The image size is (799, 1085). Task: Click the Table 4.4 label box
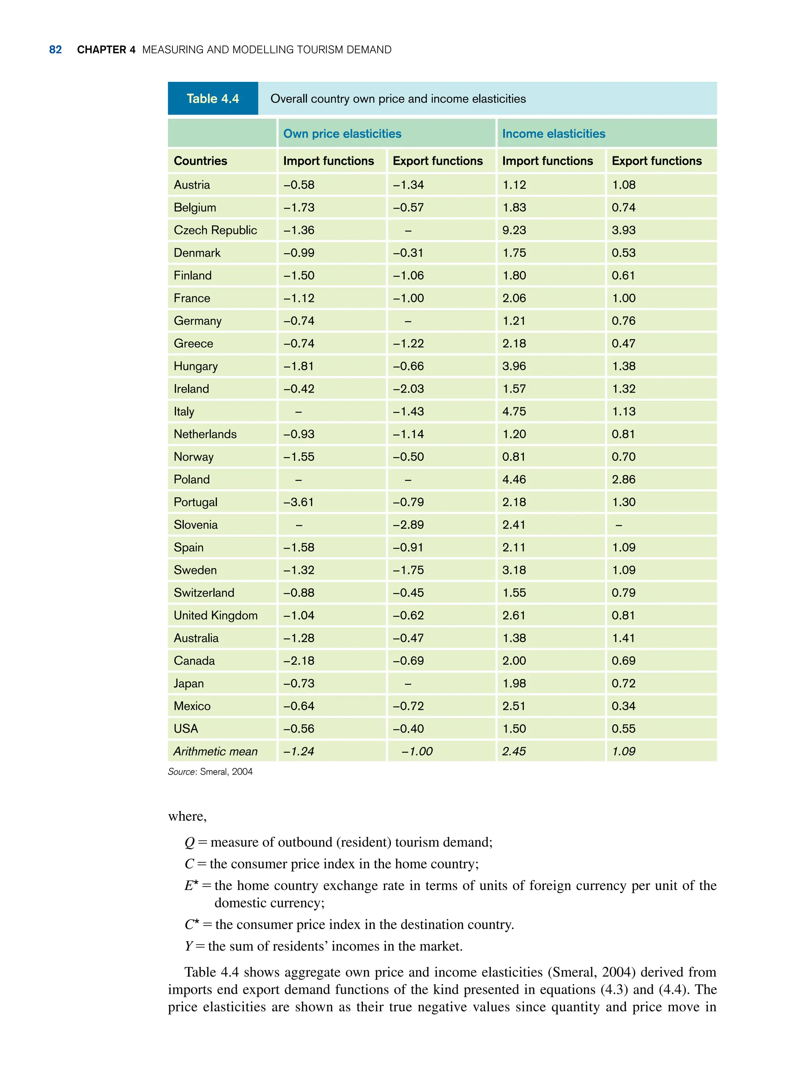pyautogui.click(x=213, y=99)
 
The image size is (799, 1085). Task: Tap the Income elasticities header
pyautogui.click(x=553, y=134)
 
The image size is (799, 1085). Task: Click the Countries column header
pyautogui.click(x=200, y=161)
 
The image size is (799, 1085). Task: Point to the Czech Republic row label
pyautogui.click(x=215, y=230)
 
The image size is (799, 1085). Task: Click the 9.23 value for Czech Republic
pyautogui.click(x=514, y=230)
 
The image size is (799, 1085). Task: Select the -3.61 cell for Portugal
pyautogui.click(x=298, y=502)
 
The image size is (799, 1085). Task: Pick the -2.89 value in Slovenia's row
pyautogui.click(x=408, y=525)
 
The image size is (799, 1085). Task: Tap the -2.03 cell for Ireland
pyautogui.click(x=408, y=389)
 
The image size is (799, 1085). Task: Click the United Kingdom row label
pyautogui.click(x=216, y=615)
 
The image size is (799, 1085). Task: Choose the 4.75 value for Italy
pyautogui.click(x=514, y=412)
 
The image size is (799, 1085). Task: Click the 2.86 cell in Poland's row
pyautogui.click(x=623, y=480)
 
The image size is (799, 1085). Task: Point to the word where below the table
pyautogui.click(x=187, y=816)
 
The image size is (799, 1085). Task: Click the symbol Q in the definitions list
pyautogui.click(x=190, y=843)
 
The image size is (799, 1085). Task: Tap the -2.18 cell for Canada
pyautogui.click(x=298, y=661)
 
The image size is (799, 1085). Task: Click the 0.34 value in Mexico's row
pyautogui.click(x=623, y=706)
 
